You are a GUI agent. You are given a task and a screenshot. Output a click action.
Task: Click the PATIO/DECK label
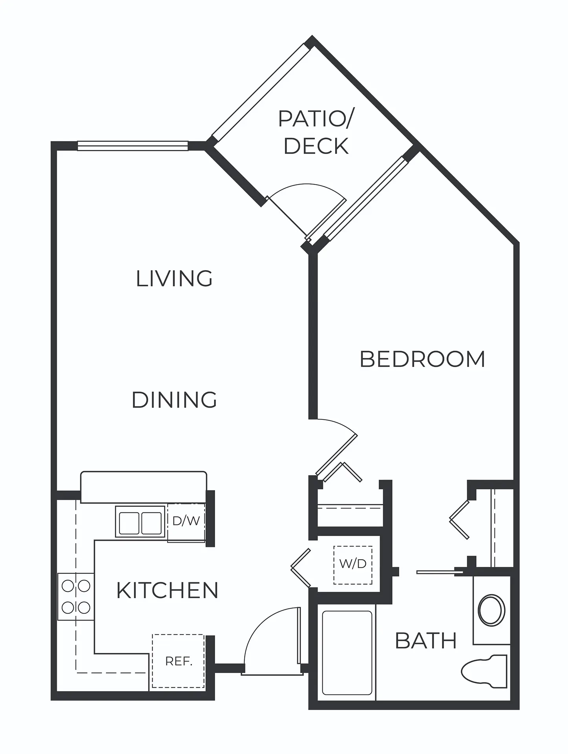click(x=316, y=132)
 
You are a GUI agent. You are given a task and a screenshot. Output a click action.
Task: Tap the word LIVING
click(x=174, y=278)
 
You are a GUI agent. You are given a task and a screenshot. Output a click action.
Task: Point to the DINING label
click(x=174, y=400)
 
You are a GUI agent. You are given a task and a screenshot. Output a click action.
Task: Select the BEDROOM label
click(x=422, y=359)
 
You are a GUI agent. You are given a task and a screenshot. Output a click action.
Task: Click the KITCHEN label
click(x=168, y=590)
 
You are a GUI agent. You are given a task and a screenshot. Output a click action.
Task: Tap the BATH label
click(x=426, y=641)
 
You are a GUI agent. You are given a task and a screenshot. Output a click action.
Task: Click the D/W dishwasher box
click(x=186, y=522)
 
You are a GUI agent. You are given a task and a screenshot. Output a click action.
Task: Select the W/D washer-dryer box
click(x=352, y=565)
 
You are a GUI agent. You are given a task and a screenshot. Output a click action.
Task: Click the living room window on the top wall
click(x=133, y=146)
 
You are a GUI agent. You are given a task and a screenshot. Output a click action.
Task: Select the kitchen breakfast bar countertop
click(x=144, y=487)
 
